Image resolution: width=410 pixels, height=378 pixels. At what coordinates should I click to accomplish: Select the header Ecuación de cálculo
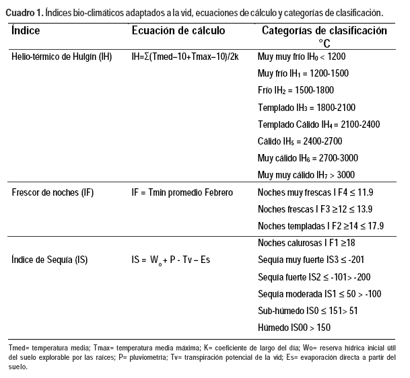point(178,31)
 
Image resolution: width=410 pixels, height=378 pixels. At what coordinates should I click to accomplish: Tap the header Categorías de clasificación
point(324,31)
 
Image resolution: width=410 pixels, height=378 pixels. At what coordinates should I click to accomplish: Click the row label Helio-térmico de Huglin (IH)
point(62,56)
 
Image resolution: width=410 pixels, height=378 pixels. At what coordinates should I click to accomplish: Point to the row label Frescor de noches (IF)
point(53,192)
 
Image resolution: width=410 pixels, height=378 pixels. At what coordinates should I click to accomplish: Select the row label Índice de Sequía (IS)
point(50,260)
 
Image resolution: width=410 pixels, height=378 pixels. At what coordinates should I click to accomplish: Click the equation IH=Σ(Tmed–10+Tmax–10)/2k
point(185,56)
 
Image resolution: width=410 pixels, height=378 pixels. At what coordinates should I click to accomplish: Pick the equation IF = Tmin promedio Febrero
point(182,192)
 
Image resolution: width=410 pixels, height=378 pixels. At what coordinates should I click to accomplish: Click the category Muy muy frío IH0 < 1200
point(301,56)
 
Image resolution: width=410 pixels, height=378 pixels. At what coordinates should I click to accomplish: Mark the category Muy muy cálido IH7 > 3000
point(306,175)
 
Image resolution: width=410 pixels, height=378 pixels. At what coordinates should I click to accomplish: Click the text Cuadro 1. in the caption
point(24,13)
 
